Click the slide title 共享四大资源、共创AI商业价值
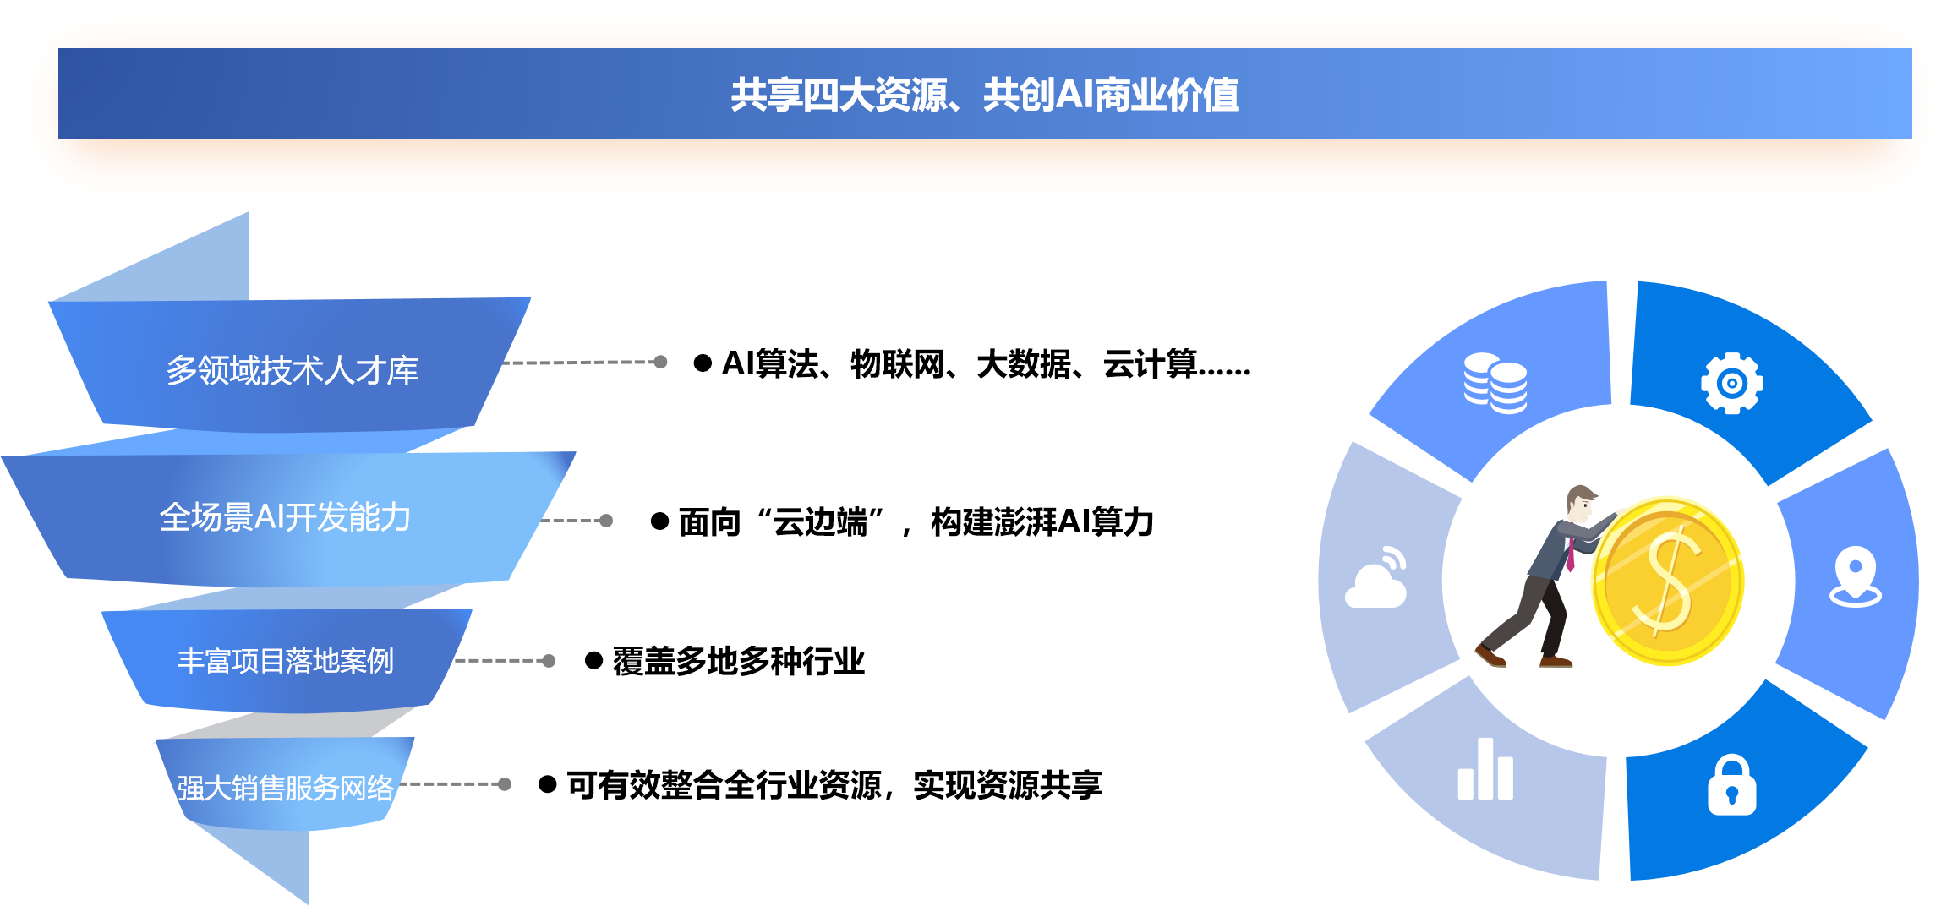point(985,95)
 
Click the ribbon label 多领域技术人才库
point(292,370)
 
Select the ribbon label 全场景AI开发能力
point(285,516)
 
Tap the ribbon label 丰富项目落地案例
point(286,660)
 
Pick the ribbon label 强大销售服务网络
point(286,788)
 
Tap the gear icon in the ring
point(1732,383)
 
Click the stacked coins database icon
point(1495,383)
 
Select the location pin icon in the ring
point(1856,577)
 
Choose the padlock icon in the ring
point(1731,784)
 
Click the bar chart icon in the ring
point(1485,768)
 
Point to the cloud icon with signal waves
point(1376,577)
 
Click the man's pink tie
point(1570,554)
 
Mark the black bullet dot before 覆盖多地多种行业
point(593,661)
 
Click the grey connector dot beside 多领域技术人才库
point(660,363)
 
